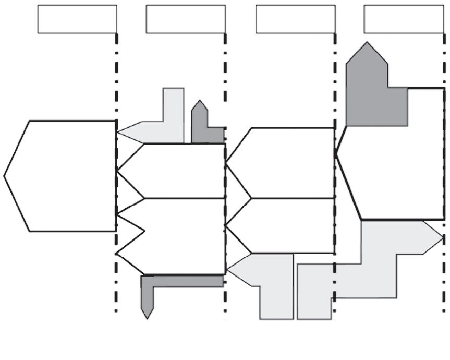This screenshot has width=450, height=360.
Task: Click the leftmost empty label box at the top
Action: point(77,19)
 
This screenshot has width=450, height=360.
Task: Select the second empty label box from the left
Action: point(186,19)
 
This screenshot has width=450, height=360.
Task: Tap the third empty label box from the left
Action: point(295,19)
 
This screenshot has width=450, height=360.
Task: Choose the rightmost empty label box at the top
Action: point(404,19)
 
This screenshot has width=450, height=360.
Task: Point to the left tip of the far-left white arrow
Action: point(4,176)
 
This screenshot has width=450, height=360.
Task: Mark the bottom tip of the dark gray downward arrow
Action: point(148,318)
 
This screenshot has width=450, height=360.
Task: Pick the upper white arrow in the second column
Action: point(177,171)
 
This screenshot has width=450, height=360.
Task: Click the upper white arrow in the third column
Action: point(287,163)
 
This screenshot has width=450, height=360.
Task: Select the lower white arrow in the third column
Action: point(287,225)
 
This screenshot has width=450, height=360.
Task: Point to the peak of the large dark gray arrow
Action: point(368,43)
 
